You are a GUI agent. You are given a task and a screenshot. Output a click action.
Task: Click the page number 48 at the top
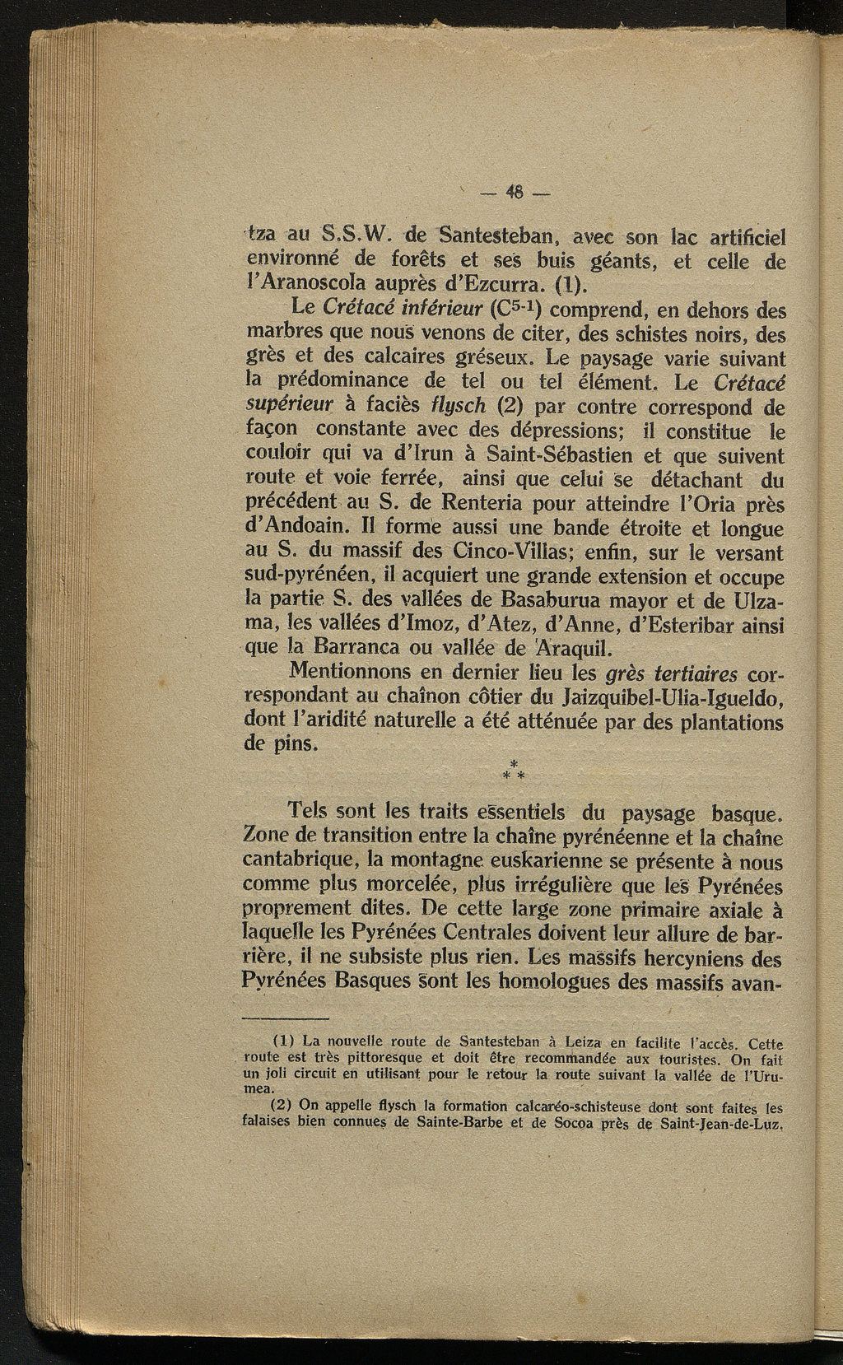coord(515,195)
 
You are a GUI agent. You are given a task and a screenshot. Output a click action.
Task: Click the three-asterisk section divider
coord(514,770)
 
